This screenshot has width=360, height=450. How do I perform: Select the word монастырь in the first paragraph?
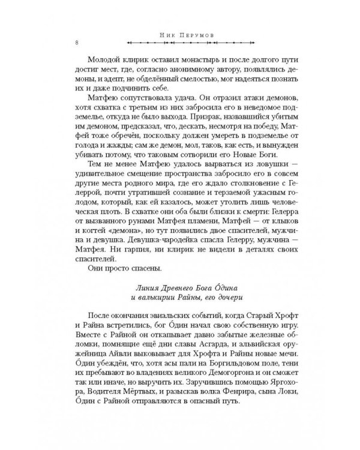coord(179,61)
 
